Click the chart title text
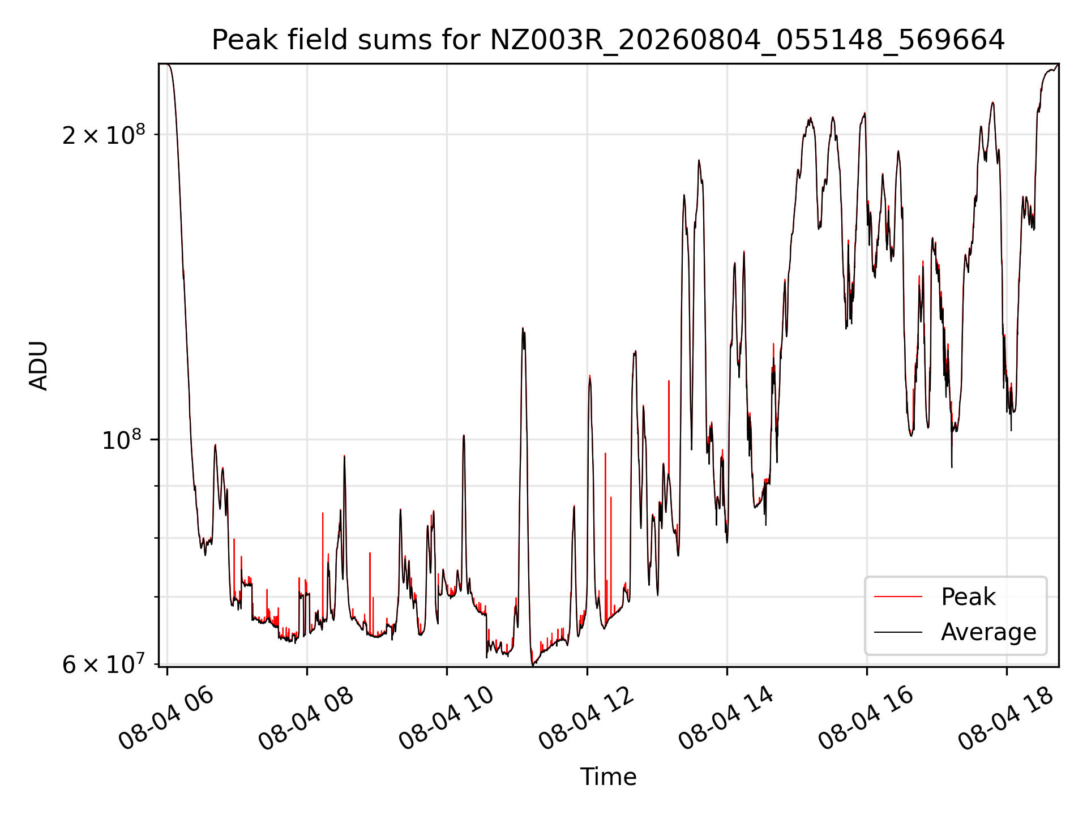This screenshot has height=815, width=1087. point(608,40)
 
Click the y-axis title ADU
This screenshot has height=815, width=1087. point(38,366)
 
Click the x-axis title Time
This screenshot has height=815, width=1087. point(608,777)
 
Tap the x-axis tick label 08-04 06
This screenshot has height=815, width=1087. point(166,719)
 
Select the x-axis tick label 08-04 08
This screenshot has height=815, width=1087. point(306,719)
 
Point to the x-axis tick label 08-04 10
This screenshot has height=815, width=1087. point(446,719)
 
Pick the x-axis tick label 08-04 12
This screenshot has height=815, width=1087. point(586,719)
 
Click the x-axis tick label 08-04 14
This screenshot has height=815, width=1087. point(726,719)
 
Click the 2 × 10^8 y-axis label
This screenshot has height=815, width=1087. point(104,134)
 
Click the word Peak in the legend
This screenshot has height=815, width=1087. point(968,597)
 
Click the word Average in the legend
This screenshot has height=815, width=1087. point(988,632)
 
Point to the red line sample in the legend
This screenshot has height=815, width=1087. point(898,597)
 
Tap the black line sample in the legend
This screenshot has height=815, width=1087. point(898,632)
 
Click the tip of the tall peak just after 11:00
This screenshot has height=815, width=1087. point(523,328)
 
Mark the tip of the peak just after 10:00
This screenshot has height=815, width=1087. point(464,435)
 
